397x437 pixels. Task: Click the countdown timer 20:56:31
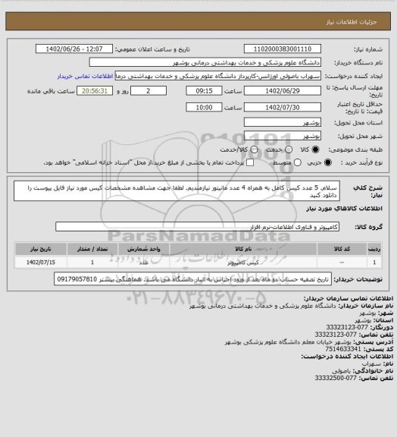pos(80,90)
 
